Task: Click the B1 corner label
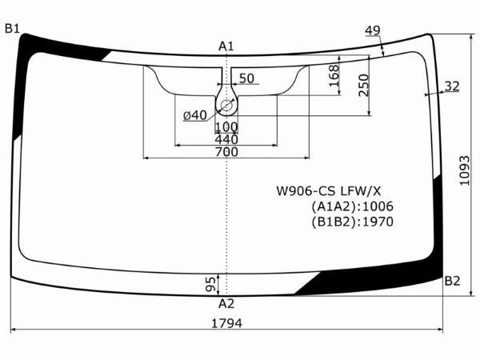click(12, 29)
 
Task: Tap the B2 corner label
click(452, 281)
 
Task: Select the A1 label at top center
click(226, 46)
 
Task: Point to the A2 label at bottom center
click(226, 304)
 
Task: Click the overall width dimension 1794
click(227, 323)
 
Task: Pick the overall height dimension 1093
click(464, 170)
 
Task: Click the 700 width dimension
click(226, 152)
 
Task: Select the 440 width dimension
click(226, 139)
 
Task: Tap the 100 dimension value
click(226, 126)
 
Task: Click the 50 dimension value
click(246, 78)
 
